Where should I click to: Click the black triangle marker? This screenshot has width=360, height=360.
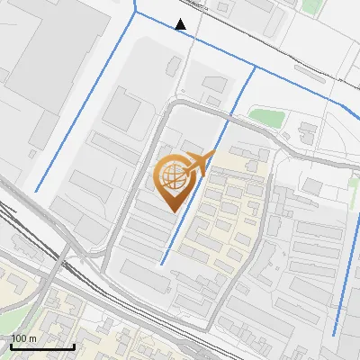(181, 24)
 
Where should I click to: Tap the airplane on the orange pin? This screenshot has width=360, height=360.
(200, 163)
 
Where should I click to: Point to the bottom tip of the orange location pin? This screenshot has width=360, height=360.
(172, 211)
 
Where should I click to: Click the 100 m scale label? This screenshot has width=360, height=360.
(24, 338)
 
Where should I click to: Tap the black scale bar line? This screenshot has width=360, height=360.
(42, 346)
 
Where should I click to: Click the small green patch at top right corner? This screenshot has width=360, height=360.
(311, 6)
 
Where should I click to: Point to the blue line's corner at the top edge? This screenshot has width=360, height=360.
(135, 13)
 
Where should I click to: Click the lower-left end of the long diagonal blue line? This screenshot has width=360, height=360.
(36, 191)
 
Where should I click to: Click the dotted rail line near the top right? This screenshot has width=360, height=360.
(297, 63)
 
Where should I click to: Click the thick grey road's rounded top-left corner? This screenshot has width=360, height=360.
(166, 112)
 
